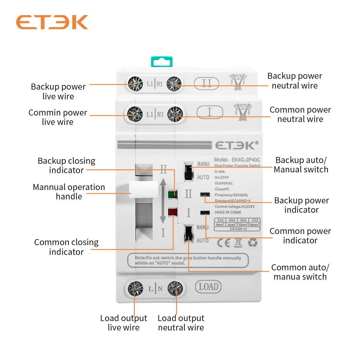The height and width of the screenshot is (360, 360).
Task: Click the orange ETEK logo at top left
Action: pyautogui.click(x=52, y=22)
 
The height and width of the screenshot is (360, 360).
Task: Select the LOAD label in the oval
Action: pyautogui.click(x=208, y=287)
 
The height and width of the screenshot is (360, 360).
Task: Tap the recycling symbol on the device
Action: pyautogui.click(x=253, y=243)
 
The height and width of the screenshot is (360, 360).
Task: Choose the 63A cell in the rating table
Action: pyautogui.click(x=255, y=220)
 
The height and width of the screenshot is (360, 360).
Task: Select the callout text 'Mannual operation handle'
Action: pyautogui.click(x=69, y=192)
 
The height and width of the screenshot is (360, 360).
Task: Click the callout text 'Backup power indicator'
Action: pyautogui.click(x=301, y=205)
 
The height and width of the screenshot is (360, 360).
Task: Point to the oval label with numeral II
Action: pyautogui.click(x=207, y=84)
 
